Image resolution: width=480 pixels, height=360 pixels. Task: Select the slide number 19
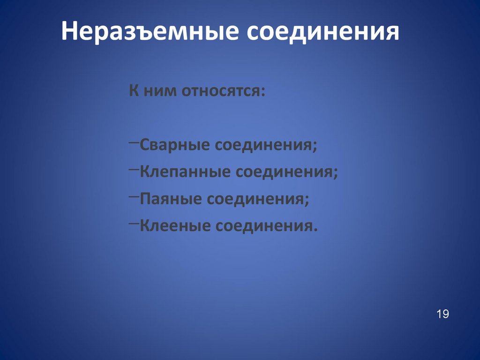tap(442, 314)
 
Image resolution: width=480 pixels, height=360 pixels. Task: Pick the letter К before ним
tap(134, 90)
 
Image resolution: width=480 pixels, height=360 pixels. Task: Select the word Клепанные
tap(185, 172)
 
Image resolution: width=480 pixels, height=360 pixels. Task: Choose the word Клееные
tap(174, 226)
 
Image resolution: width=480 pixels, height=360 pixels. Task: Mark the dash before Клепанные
tap(133, 168)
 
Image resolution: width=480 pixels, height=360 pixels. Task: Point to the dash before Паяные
tap(133, 195)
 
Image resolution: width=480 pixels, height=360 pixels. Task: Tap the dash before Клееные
tap(133, 222)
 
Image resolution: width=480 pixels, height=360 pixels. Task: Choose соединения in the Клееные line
tap(264, 226)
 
